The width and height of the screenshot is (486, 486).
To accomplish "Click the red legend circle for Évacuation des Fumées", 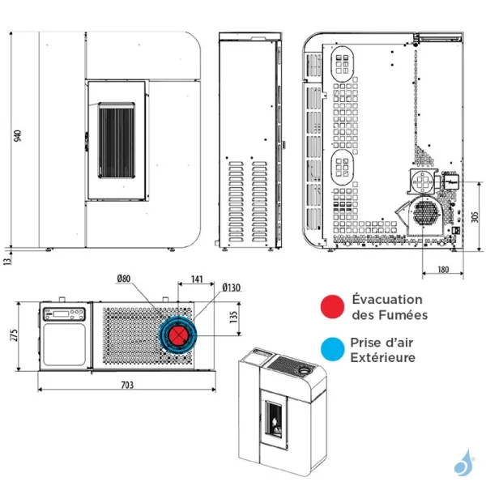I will tap(332, 307).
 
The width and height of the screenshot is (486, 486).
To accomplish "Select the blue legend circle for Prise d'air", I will tap(332, 349).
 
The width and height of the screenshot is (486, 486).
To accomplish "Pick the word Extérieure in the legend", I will tap(384, 357).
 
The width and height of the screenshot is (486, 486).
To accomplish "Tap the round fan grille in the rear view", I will tap(424, 213).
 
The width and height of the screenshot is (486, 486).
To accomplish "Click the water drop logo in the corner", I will tap(465, 463).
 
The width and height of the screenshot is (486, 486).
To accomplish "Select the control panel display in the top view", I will tap(64, 315).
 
